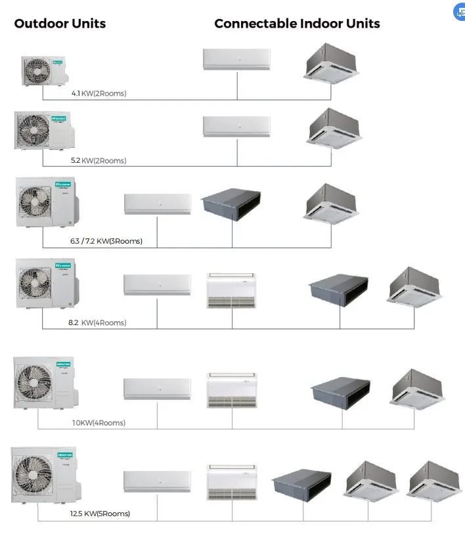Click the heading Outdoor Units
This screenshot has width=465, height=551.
point(60,24)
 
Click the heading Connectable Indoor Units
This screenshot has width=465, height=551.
point(297,24)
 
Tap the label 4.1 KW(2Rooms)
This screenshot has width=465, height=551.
point(99,93)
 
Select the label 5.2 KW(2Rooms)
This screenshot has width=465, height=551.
point(99,160)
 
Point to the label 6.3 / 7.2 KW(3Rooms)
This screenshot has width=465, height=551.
point(106,241)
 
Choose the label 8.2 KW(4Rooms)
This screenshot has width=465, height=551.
point(97,322)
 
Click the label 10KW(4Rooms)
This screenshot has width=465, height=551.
point(99,423)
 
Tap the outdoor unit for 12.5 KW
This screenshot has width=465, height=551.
point(45,474)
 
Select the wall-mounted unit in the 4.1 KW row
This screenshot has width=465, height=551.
point(236,59)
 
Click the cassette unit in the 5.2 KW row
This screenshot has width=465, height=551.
point(330,127)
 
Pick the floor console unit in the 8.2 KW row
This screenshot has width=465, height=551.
point(231,290)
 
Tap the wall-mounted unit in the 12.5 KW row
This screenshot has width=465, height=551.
point(158,481)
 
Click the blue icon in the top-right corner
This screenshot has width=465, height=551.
point(459,12)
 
